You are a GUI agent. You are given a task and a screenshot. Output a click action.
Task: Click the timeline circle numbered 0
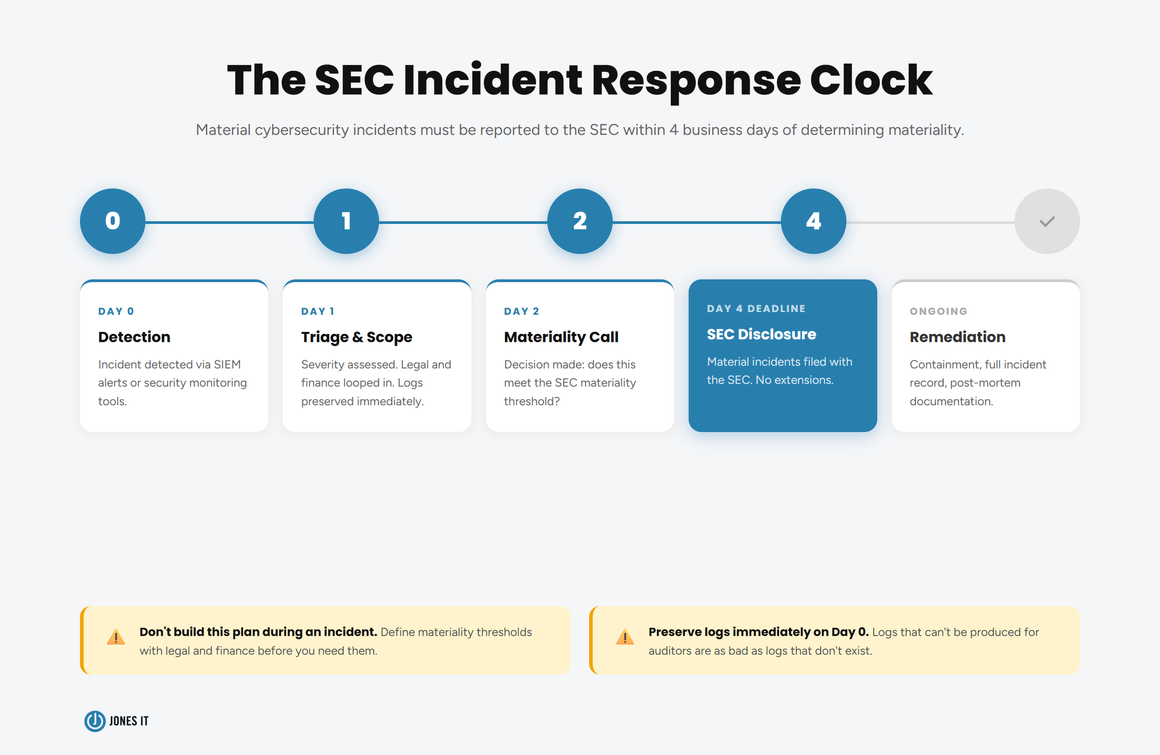click(x=113, y=221)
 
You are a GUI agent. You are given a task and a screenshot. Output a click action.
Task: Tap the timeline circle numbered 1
click(x=346, y=221)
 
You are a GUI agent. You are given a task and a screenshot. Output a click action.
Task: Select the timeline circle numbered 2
click(x=580, y=221)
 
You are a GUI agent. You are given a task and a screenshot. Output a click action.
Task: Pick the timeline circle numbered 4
click(x=813, y=221)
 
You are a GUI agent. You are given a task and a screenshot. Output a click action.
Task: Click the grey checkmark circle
click(x=1046, y=221)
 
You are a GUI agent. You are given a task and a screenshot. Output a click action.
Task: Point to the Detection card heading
click(x=134, y=337)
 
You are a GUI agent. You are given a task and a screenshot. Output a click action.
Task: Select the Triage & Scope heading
click(x=356, y=337)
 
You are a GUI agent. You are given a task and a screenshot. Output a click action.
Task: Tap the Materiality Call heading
click(x=561, y=337)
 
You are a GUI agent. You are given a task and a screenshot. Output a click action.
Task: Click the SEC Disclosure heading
click(x=761, y=334)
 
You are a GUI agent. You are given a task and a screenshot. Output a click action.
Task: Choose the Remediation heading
click(x=957, y=337)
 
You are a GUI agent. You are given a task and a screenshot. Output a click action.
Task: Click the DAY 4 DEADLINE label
click(x=756, y=308)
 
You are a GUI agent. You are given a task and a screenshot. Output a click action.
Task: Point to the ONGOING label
click(x=938, y=311)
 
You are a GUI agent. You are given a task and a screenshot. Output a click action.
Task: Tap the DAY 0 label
click(x=116, y=311)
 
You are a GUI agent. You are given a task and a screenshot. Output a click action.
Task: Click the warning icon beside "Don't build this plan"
click(x=116, y=637)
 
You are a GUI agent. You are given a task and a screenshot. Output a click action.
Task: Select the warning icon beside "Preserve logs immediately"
click(x=625, y=637)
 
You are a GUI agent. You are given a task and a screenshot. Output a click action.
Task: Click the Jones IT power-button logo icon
click(x=95, y=721)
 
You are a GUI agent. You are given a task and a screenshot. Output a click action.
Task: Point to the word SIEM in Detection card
click(x=227, y=365)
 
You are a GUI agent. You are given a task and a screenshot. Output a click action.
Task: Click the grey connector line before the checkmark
click(x=930, y=222)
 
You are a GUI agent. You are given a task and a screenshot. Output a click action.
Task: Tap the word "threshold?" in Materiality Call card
click(x=532, y=401)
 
